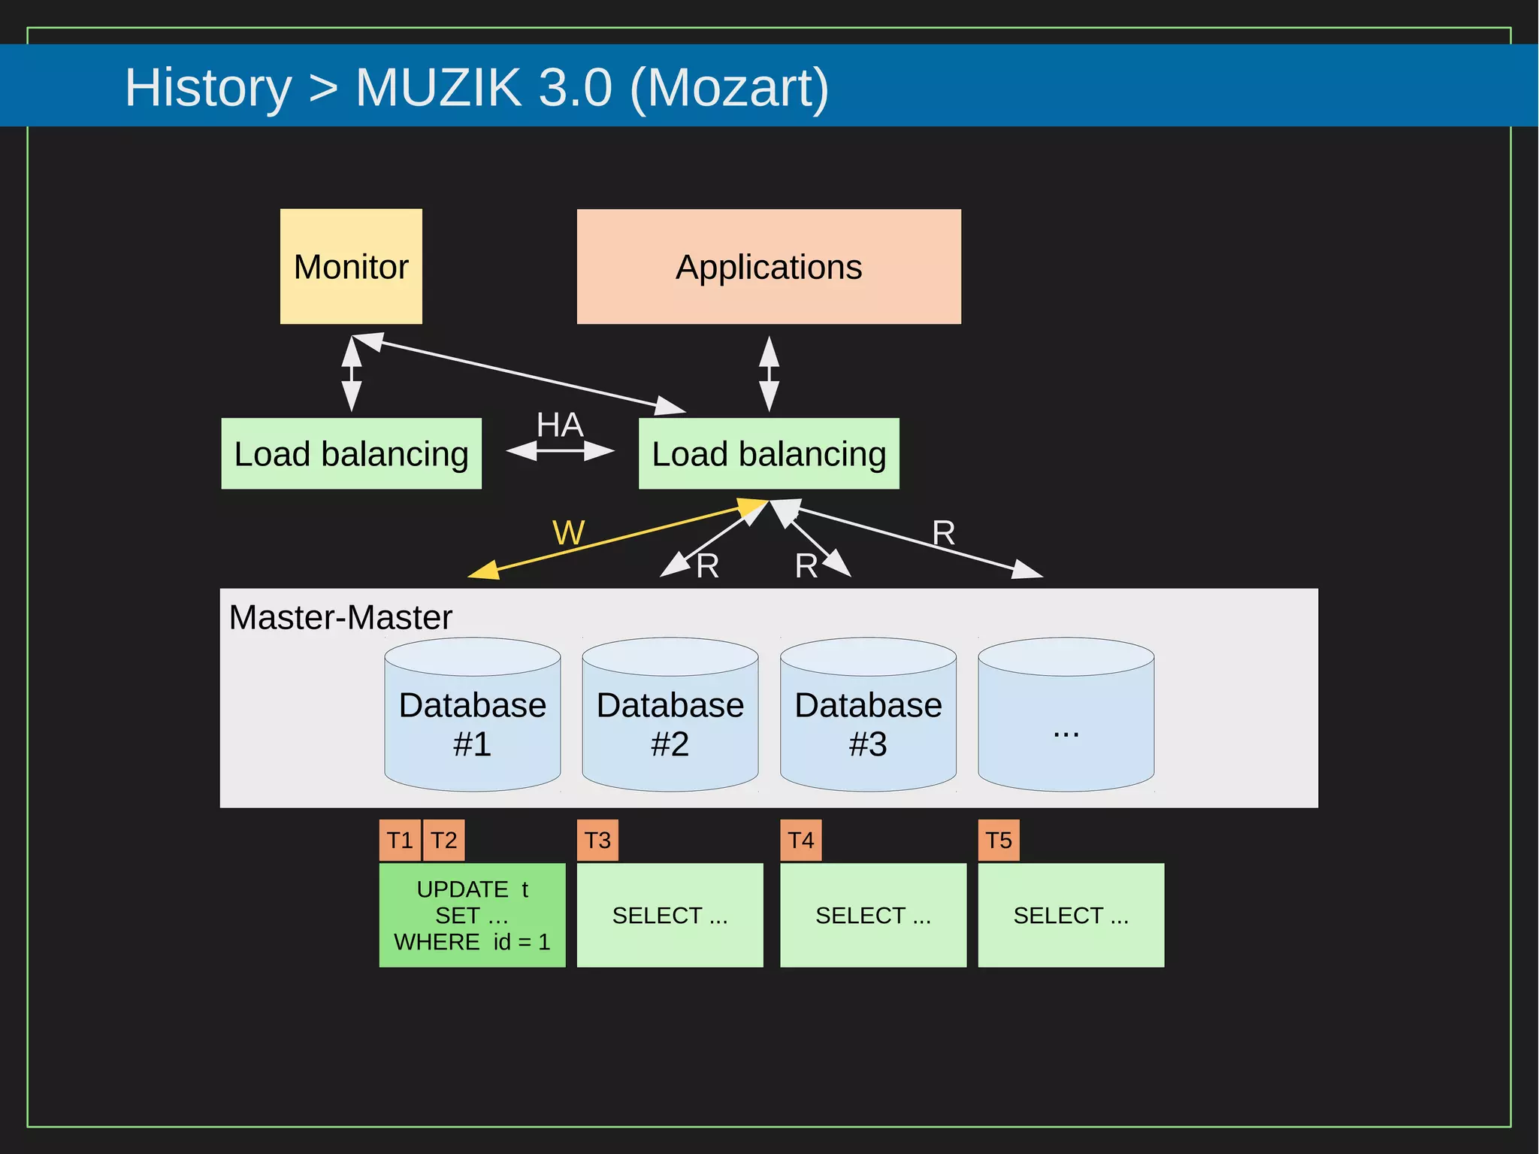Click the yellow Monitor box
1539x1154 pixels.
pos(351,266)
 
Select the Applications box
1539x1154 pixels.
pos(768,266)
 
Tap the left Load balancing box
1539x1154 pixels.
pos(351,453)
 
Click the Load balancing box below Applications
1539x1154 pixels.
pos(768,453)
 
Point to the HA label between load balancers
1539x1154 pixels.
pos(559,426)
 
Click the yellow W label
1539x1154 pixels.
pos(568,533)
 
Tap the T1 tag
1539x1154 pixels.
pos(399,840)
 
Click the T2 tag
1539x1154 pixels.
pos(443,840)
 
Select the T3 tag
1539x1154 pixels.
pos(597,840)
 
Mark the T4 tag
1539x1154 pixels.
pos(800,840)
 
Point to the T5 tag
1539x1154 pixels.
pos(998,840)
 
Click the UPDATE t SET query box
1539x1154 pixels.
pos(472,915)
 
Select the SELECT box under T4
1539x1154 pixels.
pos(872,915)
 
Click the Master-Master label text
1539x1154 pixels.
pos(340,617)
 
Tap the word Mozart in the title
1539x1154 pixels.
pos(728,87)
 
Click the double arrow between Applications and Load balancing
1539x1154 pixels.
pos(768,374)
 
